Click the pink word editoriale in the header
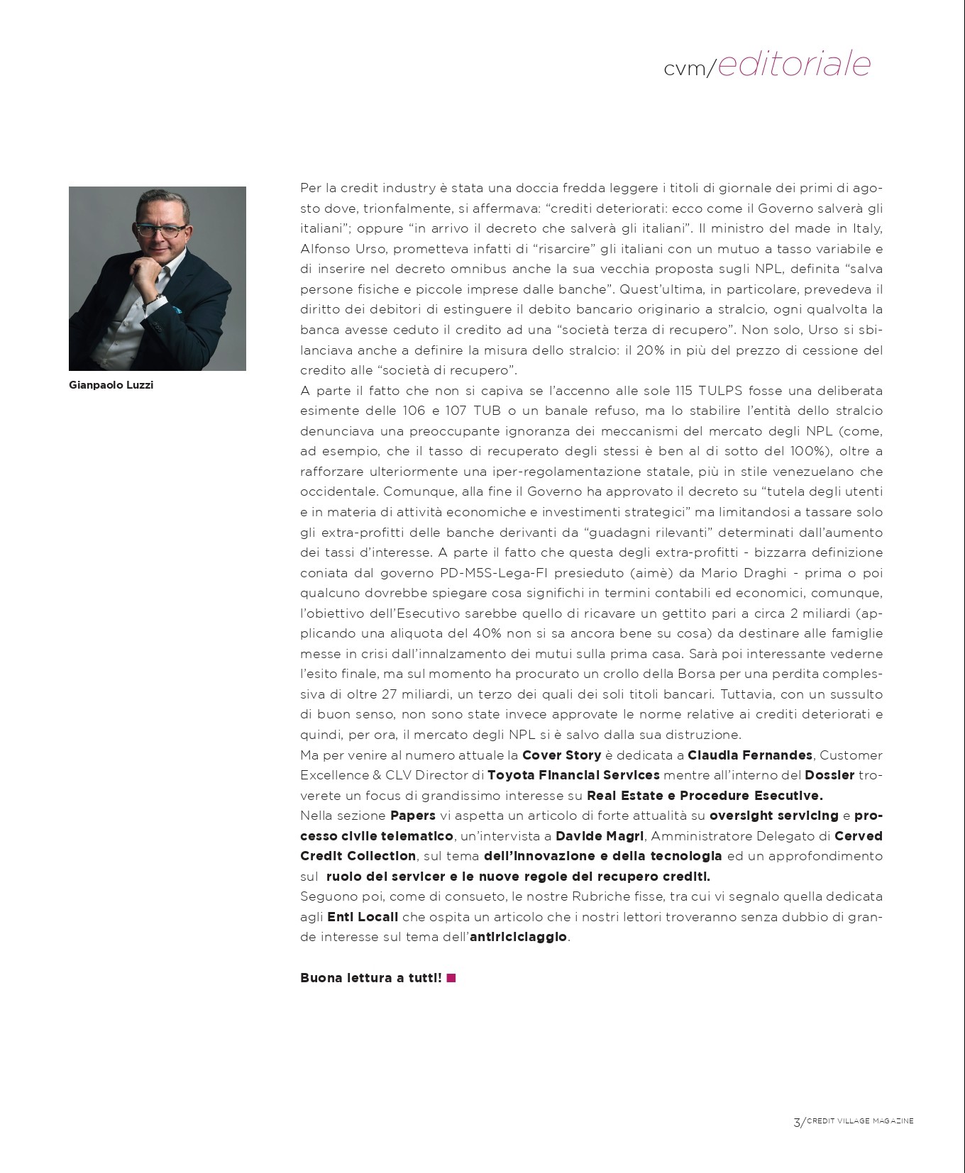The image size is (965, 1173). [x=794, y=64]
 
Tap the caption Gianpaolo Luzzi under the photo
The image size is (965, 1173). [x=111, y=385]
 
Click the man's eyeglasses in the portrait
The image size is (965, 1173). [x=163, y=230]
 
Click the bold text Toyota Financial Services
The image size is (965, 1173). [x=573, y=775]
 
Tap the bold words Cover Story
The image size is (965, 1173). [x=561, y=755]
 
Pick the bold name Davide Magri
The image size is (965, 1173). [x=600, y=836]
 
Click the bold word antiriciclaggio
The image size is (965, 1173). [x=518, y=937]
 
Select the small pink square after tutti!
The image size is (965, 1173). [x=451, y=978]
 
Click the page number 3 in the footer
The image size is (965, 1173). [x=796, y=1122]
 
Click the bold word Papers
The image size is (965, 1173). [x=413, y=816]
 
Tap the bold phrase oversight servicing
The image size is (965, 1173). [x=773, y=816]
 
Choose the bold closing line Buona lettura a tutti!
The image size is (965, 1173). [x=370, y=978]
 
